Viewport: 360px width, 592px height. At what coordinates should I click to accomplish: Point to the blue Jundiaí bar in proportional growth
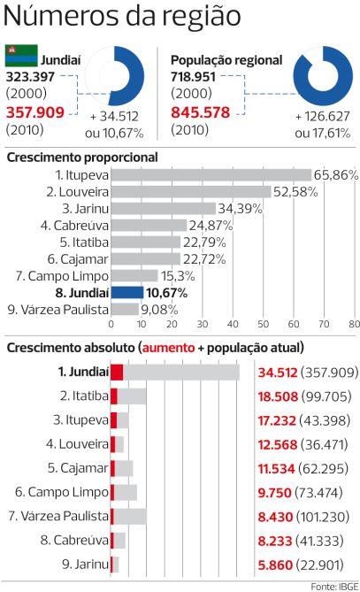(x=127, y=293)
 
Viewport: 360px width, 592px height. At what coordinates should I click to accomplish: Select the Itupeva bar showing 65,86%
(x=212, y=175)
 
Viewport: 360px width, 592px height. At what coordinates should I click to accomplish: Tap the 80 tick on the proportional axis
(x=353, y=323)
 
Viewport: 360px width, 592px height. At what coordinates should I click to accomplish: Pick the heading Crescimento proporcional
(x=82, y=157)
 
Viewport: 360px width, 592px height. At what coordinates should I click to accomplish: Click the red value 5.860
(x=272, y=564)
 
